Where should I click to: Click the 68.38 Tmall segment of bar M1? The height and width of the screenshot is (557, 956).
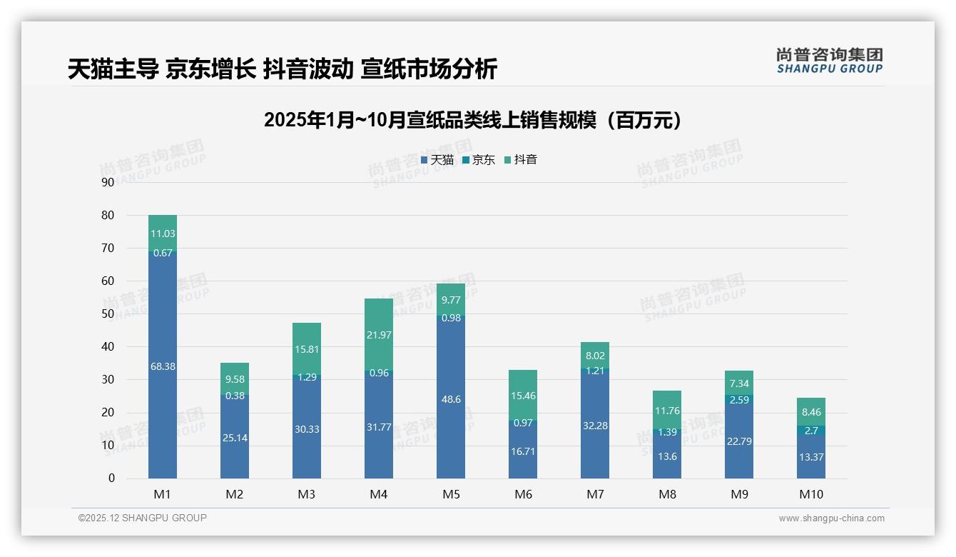(163, 366)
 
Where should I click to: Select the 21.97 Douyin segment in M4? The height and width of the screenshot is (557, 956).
(379, 334)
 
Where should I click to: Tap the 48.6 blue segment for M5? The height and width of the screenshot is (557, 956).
(451, 399)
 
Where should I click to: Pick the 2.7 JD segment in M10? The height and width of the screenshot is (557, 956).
(811, 431)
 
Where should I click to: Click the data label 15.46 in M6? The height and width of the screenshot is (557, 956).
(523, 396)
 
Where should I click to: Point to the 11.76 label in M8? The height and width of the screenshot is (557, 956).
(667, 411)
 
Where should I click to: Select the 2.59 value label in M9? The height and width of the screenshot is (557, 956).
(739, 400)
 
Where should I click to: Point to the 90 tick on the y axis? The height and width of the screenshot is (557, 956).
(108, 182)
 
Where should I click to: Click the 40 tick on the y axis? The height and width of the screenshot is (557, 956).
(108, 347)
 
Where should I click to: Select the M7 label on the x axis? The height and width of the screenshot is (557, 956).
(595, 494)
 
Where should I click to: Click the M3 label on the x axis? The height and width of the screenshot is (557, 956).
(307, 494)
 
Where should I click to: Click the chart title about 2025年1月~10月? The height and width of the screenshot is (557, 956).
(472, 120)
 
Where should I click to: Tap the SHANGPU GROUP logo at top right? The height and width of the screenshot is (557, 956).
(829, 61)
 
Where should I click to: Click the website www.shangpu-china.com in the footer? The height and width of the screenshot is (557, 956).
(831, 518)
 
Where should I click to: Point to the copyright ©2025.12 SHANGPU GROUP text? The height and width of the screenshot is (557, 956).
(143, 518)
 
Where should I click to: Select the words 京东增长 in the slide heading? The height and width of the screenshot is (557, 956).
(210, 69)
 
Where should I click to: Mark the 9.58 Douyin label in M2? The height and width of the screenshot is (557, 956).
(235, 379)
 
